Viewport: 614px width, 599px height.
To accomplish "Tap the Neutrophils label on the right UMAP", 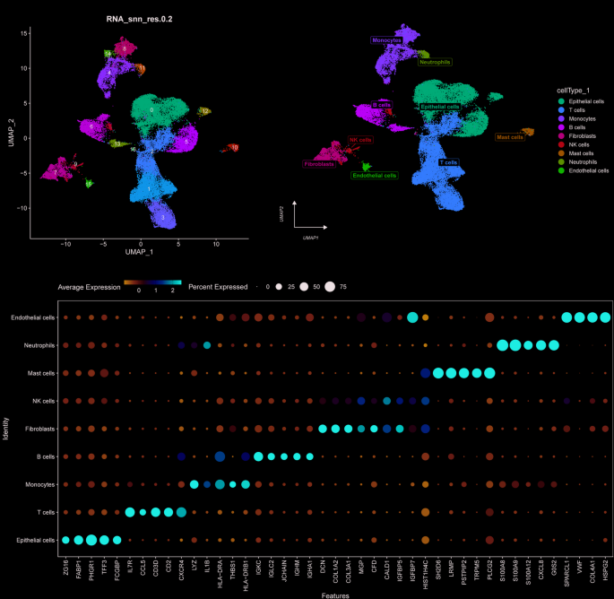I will (x=434, y=62).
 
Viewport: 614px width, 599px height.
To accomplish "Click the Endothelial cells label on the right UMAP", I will (x=374, y=176).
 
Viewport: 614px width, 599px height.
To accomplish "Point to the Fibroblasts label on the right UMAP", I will (x=320, y=164).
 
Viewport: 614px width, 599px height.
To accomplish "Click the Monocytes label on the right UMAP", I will (x=386, y=40).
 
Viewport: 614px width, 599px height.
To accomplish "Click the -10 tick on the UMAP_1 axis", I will (x=65, y=243).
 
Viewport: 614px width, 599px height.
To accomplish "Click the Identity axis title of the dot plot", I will (x=7, y=427).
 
